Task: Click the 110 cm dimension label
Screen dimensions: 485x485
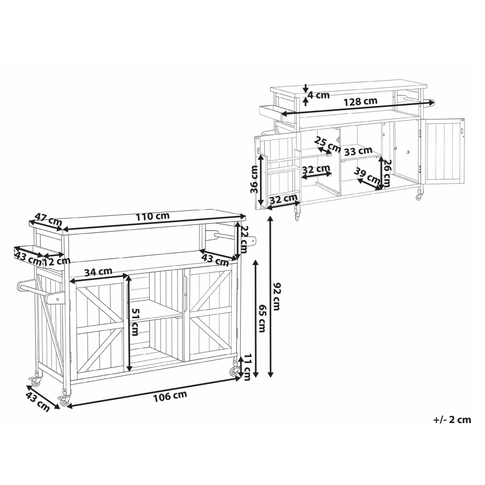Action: [x=153, y=216]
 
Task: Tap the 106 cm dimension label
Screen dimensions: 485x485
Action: [x=170, y=396]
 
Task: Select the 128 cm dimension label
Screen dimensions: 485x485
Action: [x=361, y=101]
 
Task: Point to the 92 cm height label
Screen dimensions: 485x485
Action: [x=276, y=296]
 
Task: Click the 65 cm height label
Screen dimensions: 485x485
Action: [x=262, y=319]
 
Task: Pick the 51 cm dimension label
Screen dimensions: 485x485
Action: [x=134, y=322]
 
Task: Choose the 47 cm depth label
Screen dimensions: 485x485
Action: [x=48, y=219]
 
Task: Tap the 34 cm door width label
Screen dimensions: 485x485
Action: [x=98, y=272]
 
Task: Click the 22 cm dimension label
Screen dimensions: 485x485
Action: [x=245, y=239]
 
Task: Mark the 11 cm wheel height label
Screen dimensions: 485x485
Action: [x=247, y=367]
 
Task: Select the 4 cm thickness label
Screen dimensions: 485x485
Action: [x=319, y=95]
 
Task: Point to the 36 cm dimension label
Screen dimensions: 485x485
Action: [x=254, y=179]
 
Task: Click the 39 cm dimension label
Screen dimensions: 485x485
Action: [x=367, y=175]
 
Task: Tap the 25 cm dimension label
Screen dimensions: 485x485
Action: [x=327, y=144]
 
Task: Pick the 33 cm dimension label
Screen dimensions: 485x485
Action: [x=358, y=151]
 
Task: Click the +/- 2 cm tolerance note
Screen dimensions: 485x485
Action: [x=452, y=420]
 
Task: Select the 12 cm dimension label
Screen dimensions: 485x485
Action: [x=56, y=262]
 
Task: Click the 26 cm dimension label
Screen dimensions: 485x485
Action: [x=387, y=173]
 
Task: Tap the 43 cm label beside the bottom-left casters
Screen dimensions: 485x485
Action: [x=38, y=401]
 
